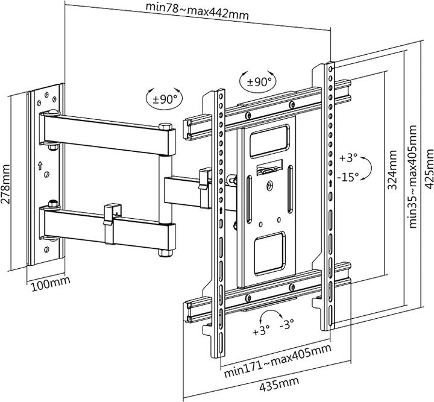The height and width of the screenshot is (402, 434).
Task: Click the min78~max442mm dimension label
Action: point(197,10)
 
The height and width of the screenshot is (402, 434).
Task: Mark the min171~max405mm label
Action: point(277,360)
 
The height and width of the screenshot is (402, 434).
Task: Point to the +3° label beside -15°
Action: point(348,159)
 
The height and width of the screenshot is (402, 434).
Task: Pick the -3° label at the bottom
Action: point(287,324)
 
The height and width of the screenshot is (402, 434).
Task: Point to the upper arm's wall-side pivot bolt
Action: point(51,113)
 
